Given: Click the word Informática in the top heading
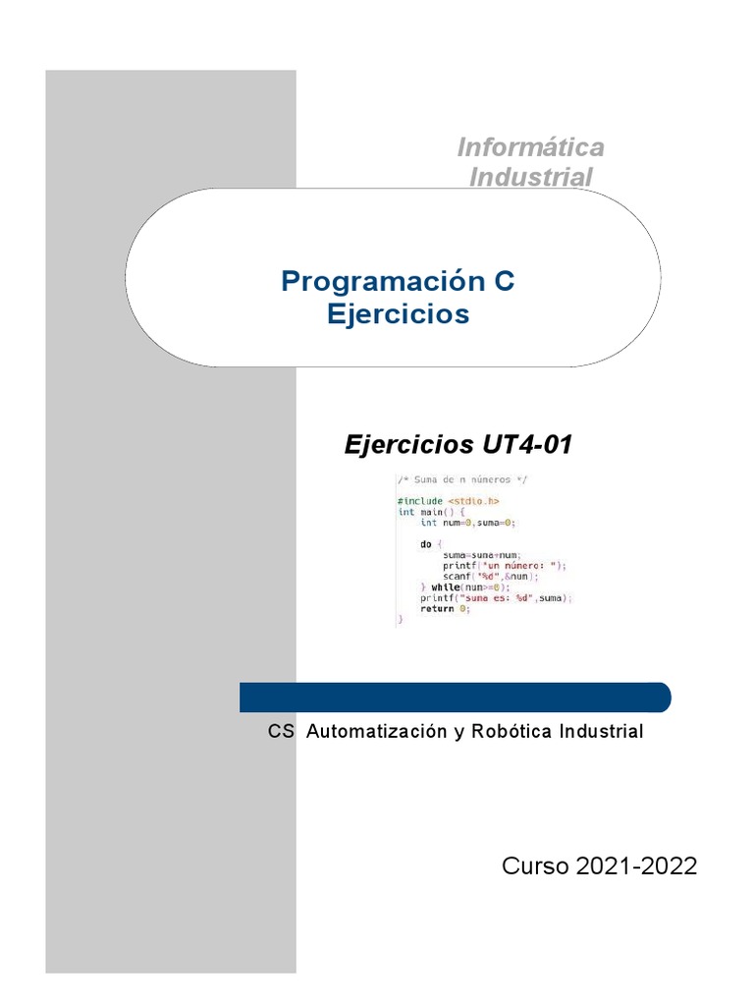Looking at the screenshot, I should tap(530, 147).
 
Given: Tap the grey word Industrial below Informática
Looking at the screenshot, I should tap(530, 178).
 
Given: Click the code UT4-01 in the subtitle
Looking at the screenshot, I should tap(525, 445).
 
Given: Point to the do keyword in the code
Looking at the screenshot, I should tap(426, 543).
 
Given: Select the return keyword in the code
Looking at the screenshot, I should tap(437, 608).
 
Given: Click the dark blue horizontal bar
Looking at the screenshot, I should tap(456, 697).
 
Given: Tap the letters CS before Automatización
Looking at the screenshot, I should tap(281, 732).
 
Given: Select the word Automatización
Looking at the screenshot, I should tap(377, 732).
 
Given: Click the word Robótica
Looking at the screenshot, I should tap(511, 732).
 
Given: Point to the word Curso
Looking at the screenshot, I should tap(536, 866).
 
